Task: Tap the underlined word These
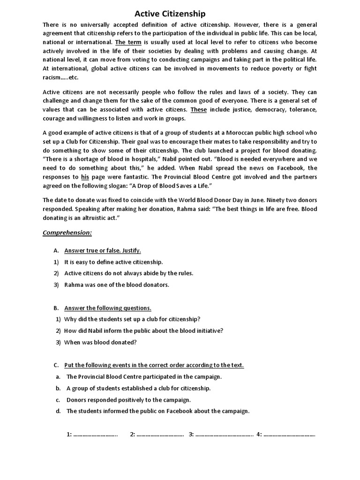tap(198, 110)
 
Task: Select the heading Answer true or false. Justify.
tap(102, 250)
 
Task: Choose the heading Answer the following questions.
tap(107, 308)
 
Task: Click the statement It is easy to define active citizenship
tap(113, 262)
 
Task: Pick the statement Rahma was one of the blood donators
tap(116, 285)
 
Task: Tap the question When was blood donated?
tap(100, 342)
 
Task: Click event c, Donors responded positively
tap(128, 400)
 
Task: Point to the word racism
tap(54, 78)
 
